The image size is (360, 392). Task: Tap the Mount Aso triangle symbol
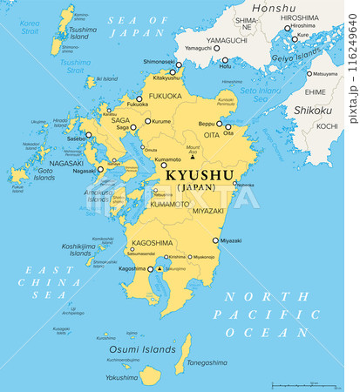193,157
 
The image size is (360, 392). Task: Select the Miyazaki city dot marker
215,240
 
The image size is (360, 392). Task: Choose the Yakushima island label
121,378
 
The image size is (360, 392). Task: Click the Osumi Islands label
130,348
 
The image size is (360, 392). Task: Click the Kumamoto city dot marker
185,160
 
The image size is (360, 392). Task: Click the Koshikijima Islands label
76,250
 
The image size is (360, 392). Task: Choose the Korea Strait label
30,28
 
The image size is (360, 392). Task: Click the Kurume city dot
147,122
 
